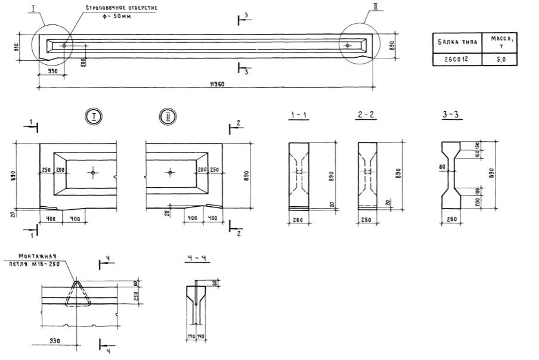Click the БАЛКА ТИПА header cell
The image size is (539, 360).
(x=455, y=42)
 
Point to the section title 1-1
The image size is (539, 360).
(x=299, y=116)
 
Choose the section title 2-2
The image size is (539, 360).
(x=365, y=116)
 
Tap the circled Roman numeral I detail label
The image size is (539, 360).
(x=94, y=117)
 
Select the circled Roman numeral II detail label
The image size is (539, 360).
(x=166, y=117)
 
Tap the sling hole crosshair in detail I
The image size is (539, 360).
(x=94, y=172)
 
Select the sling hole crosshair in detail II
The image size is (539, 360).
(x=170, y=172)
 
